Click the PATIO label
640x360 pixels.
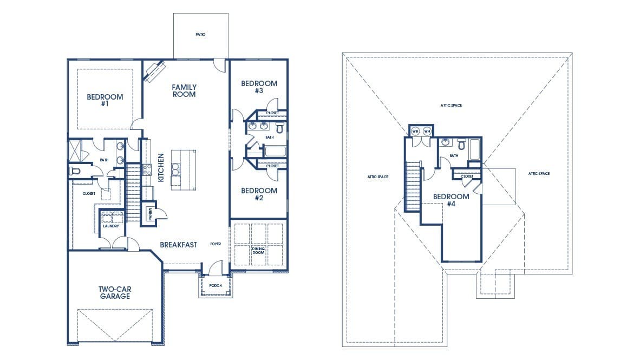[x=200, y=35]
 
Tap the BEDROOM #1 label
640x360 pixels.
[x=105, y=100]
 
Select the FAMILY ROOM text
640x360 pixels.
[x=184, y=90]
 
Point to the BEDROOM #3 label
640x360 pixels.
[x=259, y=87]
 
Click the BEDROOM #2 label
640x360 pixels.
[x=259, y=194]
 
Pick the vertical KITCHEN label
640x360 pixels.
[x=161, y=168]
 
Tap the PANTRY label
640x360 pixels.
[x=151, y=214]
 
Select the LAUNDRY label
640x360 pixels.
[x=111, y=226]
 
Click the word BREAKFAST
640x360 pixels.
[x=178, y=245]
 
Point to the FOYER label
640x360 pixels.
[x=215, y=244]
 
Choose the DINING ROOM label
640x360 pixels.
[x=258, y=251]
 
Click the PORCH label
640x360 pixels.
[x=215, y=286]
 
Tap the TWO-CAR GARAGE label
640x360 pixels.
[x=115, y=293]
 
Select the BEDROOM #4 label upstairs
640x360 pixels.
[x=451, y=200]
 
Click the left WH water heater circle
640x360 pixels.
[x=415, y=132]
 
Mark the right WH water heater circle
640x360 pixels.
[x=427, y=132]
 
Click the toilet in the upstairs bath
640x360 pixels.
[x=462, y=144]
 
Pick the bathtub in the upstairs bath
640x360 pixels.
[x=475, y=150]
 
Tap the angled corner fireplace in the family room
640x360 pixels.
[x=154, y=71]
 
